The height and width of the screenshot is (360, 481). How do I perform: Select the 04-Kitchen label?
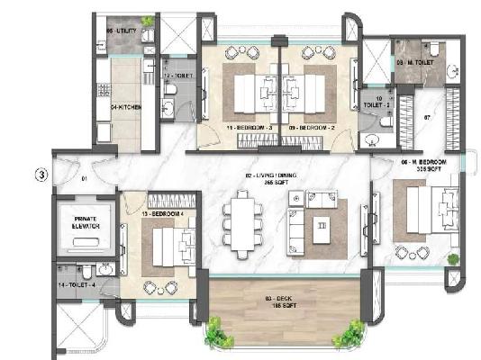pos(123,107)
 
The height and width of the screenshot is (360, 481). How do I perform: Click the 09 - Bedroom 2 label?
pos(308,129)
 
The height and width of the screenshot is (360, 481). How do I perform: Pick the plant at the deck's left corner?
pos(214,335)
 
